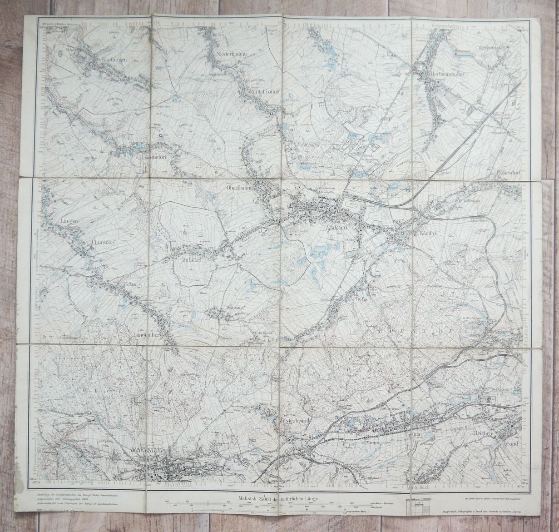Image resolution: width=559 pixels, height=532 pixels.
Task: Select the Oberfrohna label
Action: (x=235, y=189)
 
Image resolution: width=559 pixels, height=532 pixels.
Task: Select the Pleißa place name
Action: (x=360, y=299)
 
